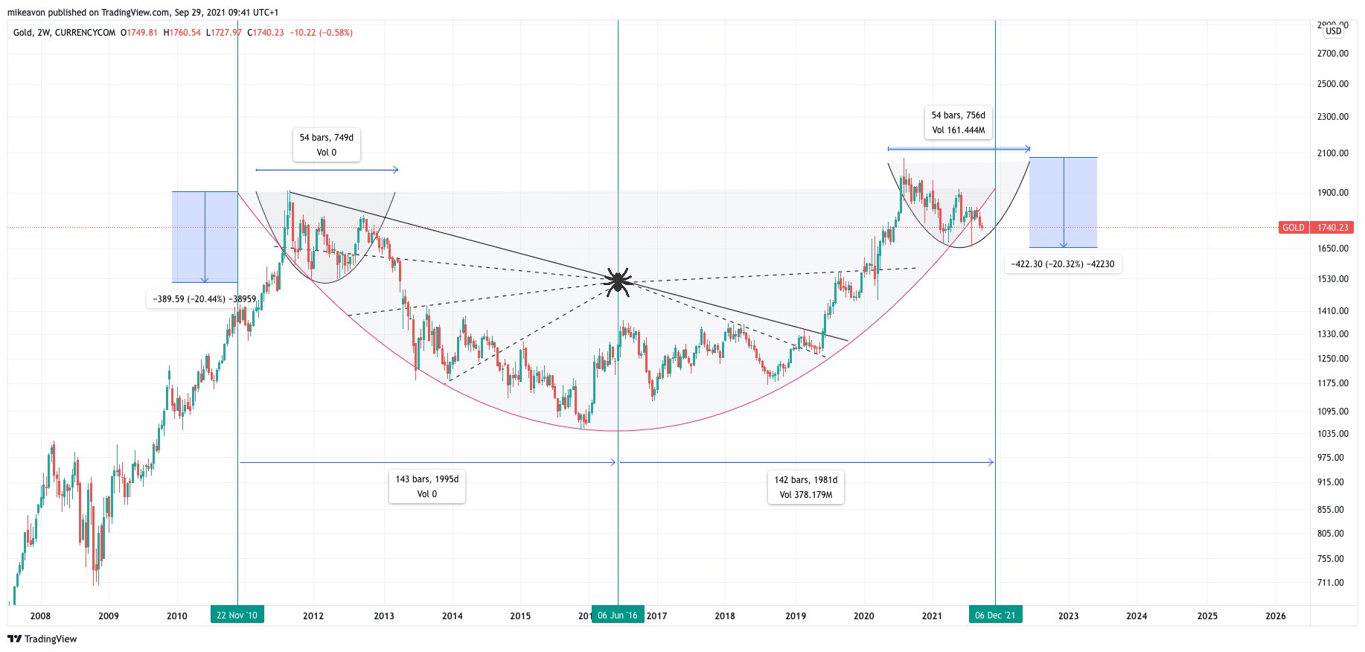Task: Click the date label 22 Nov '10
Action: [237, 616]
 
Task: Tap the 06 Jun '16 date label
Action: [618, 616]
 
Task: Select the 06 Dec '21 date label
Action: [995, 616]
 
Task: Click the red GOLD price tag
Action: [1293, 228]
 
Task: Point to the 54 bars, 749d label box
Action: [326, 145]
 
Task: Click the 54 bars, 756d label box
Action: [958, 123]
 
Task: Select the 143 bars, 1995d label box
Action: [427, 487]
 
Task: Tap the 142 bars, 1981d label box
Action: [806, 488]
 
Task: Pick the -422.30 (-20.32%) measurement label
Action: [1063, 264]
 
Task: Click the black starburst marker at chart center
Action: [618, 281]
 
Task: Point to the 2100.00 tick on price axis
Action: [1332, 153]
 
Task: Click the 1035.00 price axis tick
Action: [1332, 434]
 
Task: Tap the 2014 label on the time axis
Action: [452, 616]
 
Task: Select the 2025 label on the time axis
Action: [1207, 616]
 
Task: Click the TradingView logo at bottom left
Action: [42, 639]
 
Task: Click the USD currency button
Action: [1333, 31]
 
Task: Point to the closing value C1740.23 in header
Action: [266, 33]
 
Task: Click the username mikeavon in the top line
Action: [26, 13]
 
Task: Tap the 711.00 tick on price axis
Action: [1332, 583]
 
